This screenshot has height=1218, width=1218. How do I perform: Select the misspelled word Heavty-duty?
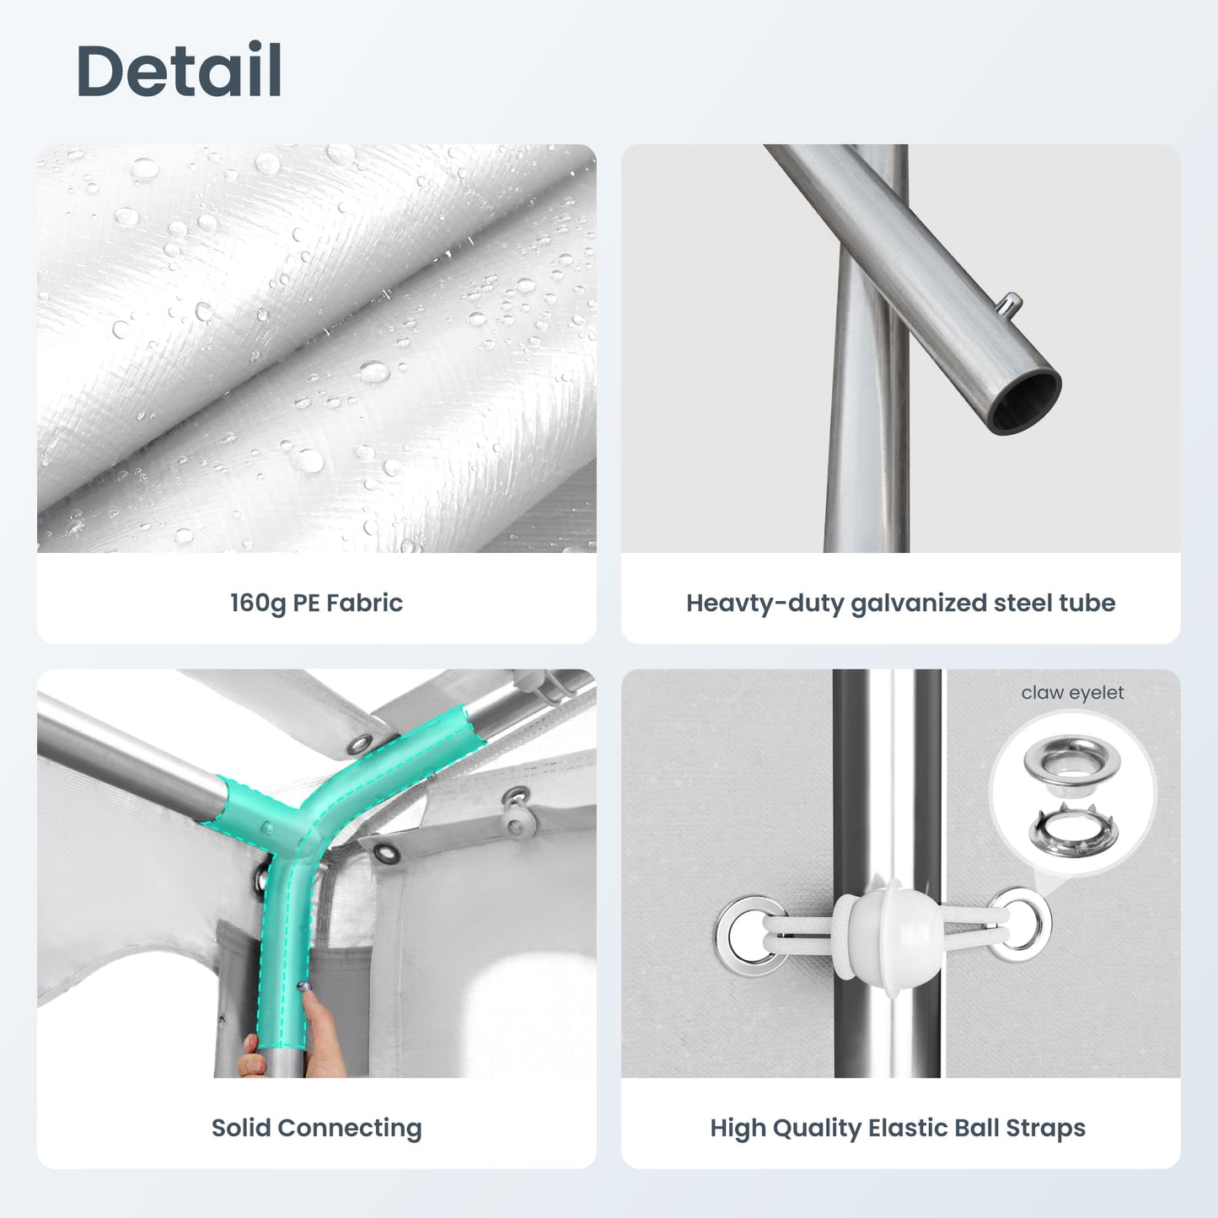pyautogui.click(x=765, y=604)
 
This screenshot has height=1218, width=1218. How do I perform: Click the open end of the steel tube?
pyautogui.click(x=1026, y=402)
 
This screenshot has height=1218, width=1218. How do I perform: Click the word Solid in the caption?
pyautogui.click(x=241, y=1128)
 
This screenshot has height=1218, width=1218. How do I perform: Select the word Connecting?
pyautogui.click(x=350, y=1129)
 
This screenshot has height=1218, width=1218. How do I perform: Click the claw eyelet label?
pyautogui.click(x=1073, y=693)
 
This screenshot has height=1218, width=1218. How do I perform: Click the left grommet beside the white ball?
pyautogui.click(x=749, y=935)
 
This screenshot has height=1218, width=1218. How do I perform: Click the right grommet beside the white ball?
pyautogui.click(x=1019, y=925)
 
